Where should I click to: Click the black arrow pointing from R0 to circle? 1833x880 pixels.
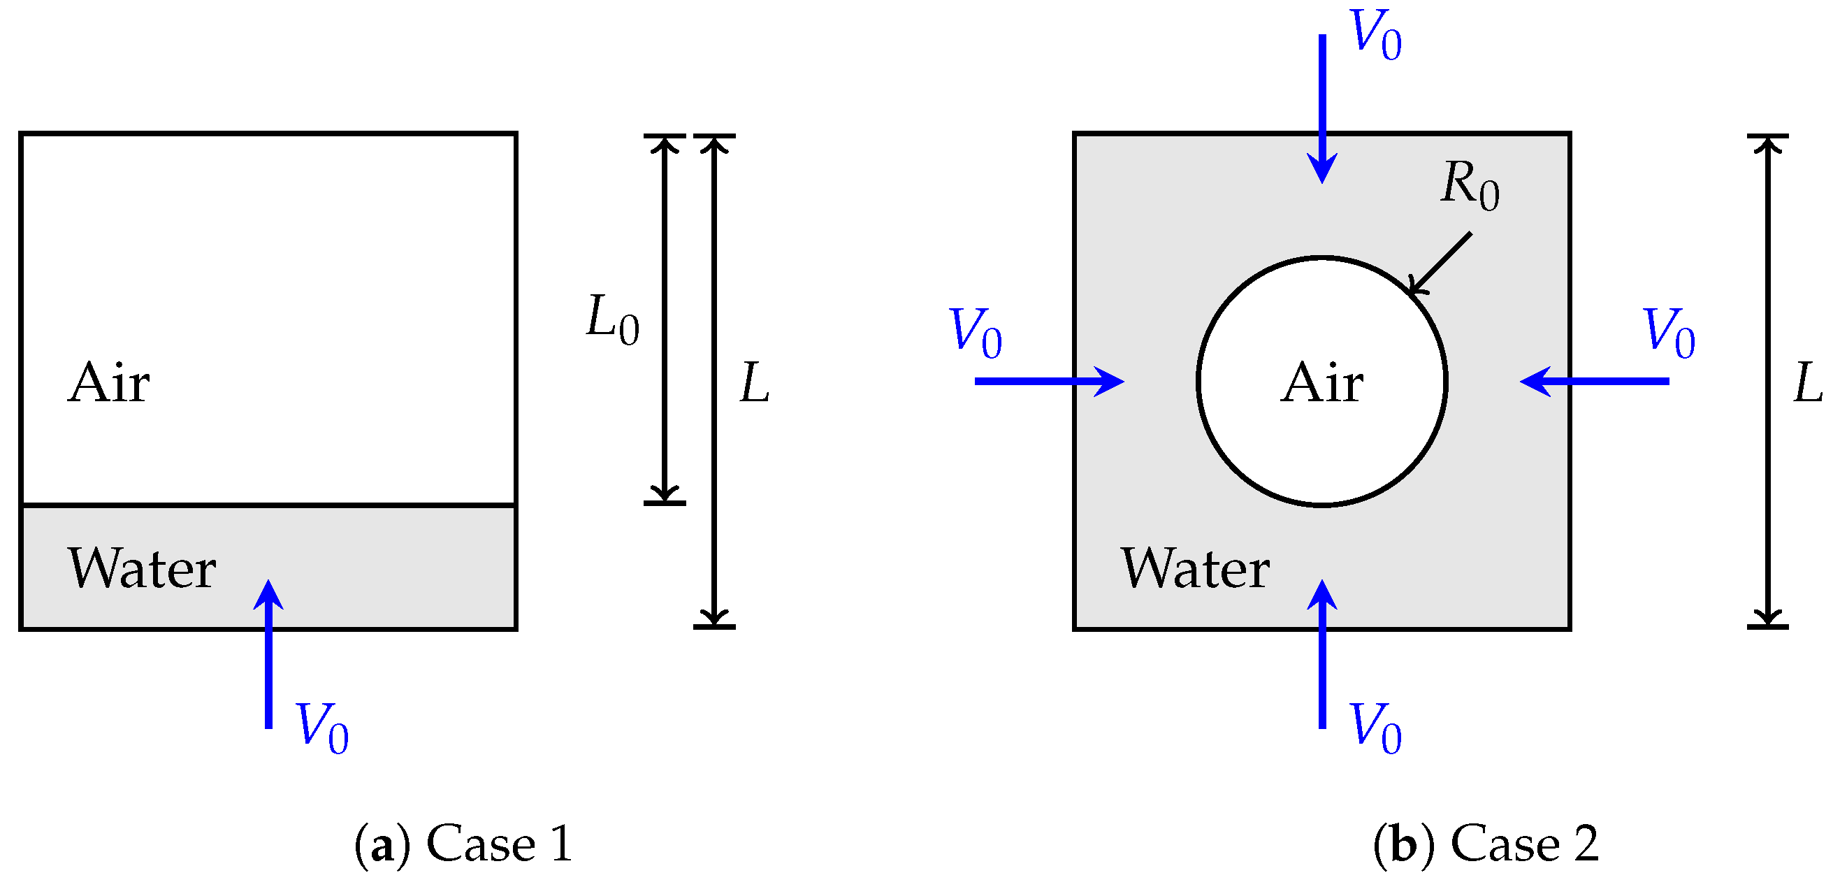(x=1440, y=263)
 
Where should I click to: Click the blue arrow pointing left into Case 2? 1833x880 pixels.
(x=1595, y=382)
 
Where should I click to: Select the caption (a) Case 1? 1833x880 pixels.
(x=463, y=843)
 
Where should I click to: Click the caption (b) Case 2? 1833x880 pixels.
(x=1486, y=843)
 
